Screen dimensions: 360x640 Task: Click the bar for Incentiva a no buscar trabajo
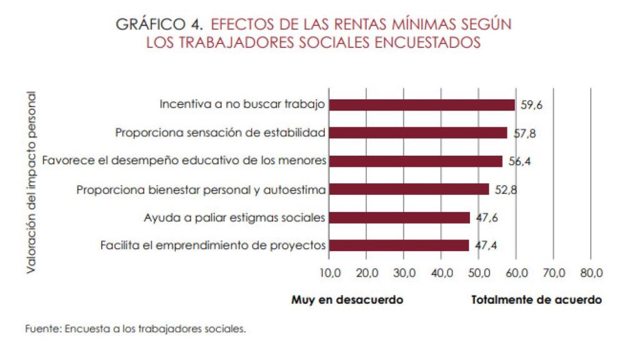422,105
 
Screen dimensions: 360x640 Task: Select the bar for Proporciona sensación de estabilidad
417,132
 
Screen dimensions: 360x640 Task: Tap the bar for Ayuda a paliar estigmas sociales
399,217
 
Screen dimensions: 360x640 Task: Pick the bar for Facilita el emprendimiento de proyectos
398,246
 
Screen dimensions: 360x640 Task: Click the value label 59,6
531,105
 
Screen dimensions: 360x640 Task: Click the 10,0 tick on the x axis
329,273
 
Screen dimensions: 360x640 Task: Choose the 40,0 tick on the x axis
442,273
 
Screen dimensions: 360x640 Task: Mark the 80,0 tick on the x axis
591,273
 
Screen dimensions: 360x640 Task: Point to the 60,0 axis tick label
516,273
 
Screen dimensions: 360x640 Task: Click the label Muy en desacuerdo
347,300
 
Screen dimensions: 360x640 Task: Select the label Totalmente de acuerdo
536,300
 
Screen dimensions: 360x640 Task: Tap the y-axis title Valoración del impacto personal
31,182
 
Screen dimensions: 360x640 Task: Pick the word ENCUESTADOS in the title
437,42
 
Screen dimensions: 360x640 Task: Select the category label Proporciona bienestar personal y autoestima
201,189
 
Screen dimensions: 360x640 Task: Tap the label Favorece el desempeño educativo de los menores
184,161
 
